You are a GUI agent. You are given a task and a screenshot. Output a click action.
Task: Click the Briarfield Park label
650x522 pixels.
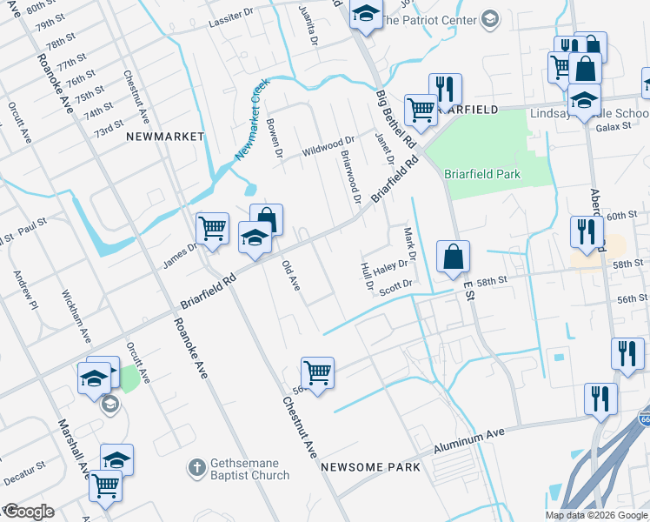[x=482, y=174]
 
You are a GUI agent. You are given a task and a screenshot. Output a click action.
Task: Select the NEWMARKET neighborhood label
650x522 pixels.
[x=165, y=137]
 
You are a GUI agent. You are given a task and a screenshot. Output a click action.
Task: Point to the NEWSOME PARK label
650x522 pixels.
[x=370, y=467]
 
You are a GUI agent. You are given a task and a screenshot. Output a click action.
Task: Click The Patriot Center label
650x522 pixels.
[x=442, y=19]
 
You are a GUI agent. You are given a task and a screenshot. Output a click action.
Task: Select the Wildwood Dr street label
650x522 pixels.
[x=328, y=145]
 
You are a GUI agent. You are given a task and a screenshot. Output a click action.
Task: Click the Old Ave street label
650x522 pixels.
[x=291, y=278]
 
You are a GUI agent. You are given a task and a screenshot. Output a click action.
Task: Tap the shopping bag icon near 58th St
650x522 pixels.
[x=453, y=258]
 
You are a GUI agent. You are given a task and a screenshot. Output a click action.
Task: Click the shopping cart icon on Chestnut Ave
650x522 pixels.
[x=318, y=373]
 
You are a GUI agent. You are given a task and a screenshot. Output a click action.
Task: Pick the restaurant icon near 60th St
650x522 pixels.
[x=587, y=231]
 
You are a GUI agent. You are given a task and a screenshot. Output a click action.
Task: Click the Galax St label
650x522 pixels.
[x=614, y=128]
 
